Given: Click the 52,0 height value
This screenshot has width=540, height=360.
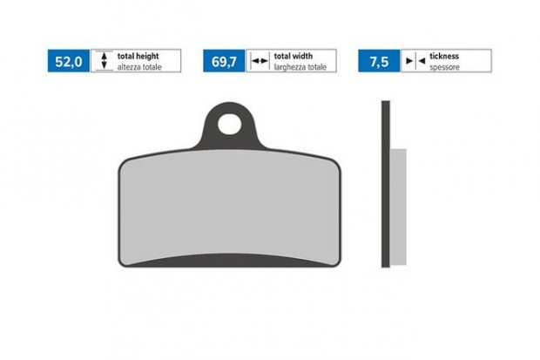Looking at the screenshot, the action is click(x=69, y=62).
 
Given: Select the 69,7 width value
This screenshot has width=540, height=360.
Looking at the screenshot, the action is click(x=224, y=62).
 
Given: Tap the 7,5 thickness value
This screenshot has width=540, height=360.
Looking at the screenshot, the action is click(x=379, y=62).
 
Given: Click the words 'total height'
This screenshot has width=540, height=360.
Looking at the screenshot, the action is click(x=138, y=56).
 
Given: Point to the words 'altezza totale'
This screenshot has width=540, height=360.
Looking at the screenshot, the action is click(x=139, y=67).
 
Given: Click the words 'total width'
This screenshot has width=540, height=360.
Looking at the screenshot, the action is click(x=293, y=56).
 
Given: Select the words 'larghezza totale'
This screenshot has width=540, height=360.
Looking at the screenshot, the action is click(x=300, y=67).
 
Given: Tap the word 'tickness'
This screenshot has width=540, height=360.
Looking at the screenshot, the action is click(x=444, y=56).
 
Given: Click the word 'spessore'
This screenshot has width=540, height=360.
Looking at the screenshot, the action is click(x=444, y=68).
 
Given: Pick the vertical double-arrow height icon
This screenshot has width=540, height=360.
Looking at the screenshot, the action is click(x=104, y=61).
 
